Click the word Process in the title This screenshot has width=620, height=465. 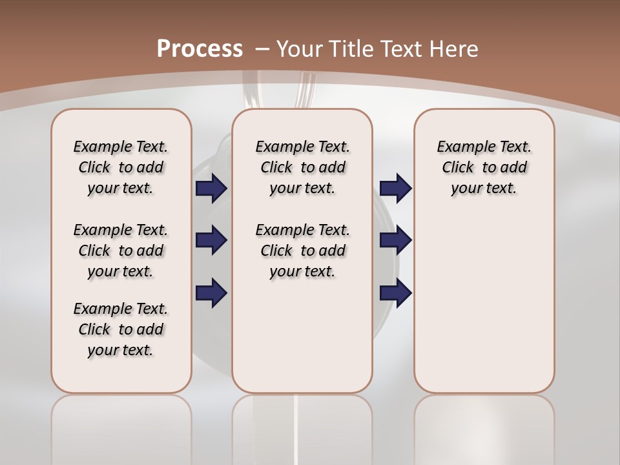point(200,48)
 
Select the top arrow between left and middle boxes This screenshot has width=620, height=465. point(211,188)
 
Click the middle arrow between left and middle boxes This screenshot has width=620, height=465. point(211,240)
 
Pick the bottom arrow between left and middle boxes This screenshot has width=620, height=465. point(211,293)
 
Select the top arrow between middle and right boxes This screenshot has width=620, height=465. point(395,188)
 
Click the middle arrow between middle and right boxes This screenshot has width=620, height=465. point(395,240)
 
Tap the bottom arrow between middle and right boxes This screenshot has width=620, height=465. point(395,293)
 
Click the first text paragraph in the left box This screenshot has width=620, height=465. point(121,167)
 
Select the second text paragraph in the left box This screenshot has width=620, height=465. point(121,251)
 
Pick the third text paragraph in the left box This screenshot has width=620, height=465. point(121,329)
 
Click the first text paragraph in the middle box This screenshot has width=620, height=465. point(302,167)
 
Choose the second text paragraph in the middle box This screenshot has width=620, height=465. point(302,251)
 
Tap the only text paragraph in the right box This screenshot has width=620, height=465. point(484,167)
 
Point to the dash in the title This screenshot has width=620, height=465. point(262,48)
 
